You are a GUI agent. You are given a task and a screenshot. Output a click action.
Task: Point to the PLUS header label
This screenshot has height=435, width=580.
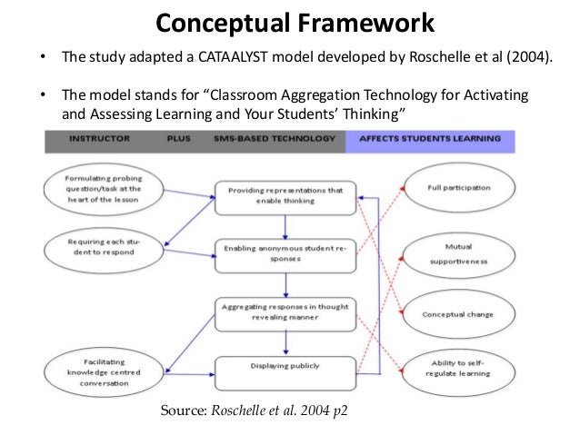click(178, 139)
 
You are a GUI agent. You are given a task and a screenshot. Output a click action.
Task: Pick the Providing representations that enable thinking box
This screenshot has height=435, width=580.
click(285, 195)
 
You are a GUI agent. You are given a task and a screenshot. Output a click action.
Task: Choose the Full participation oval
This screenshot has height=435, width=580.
click(458, 187)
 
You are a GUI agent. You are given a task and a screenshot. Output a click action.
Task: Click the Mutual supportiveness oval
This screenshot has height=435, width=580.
click(458, 252)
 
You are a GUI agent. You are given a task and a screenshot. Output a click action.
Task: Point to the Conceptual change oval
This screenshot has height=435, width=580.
click(458, 314)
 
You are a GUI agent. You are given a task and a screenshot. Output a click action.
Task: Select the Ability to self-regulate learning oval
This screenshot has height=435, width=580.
click(458, 368)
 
